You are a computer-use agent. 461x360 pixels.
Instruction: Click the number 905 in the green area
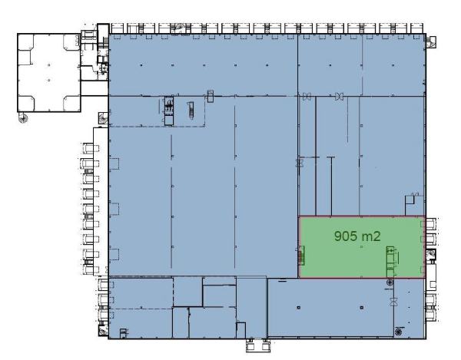click(347, 236)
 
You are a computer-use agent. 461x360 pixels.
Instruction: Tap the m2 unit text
click(372, 236)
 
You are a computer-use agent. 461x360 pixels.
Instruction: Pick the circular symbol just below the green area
click(390, 283)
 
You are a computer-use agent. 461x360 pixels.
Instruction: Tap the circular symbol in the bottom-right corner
click(397, 332)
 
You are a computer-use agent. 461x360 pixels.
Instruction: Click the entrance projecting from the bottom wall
click(255, 343)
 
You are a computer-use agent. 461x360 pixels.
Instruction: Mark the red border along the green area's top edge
click(361, 216)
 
